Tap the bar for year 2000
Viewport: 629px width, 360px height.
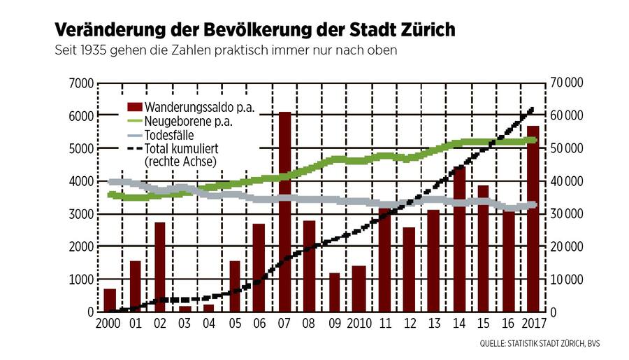110,300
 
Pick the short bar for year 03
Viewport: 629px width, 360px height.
185,308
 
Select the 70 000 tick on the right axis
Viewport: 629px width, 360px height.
567,83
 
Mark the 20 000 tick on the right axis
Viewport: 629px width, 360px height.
567,247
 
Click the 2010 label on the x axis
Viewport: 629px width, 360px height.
359,324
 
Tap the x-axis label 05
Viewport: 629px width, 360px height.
235,324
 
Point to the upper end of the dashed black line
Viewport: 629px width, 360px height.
533,108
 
